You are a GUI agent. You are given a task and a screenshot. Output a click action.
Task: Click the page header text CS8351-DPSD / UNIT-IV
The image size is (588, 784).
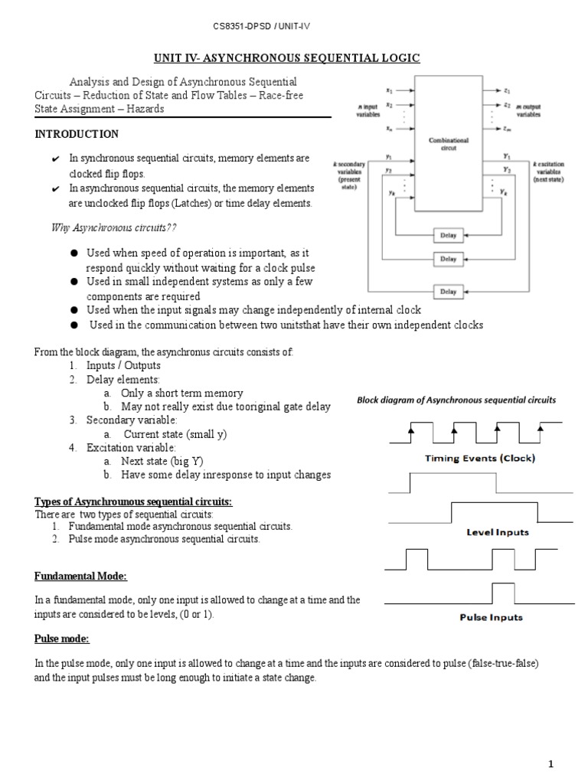coord(261,27)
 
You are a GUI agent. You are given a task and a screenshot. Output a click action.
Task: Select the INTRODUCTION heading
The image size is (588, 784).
coord(77,134)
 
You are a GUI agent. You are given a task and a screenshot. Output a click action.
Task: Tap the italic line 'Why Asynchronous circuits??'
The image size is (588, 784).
coord(113,227)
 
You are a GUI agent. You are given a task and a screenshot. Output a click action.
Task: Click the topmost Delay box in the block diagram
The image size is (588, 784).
coord(448,234)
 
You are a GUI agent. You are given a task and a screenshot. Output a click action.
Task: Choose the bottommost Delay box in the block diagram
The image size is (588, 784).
coord(448,292)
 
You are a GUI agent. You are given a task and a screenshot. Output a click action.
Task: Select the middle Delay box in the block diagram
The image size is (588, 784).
coord(448,260)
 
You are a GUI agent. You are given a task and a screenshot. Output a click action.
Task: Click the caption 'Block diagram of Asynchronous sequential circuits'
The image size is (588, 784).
coord(457,400)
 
